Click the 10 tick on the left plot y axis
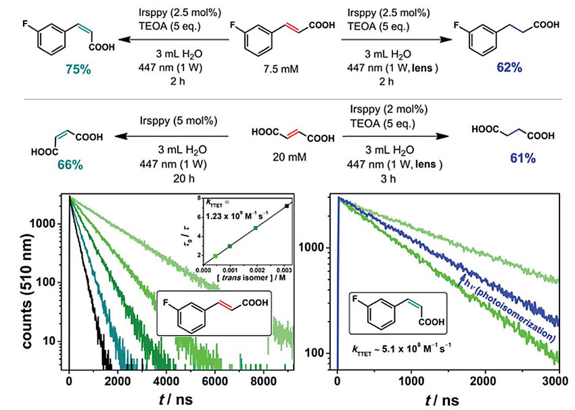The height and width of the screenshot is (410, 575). tap(54, 341)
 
